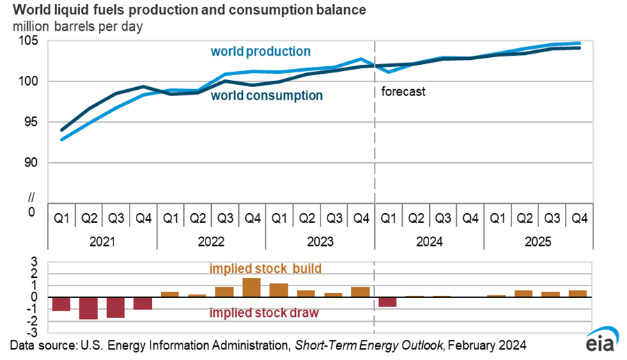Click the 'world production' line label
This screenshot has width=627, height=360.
(x=261, y=52)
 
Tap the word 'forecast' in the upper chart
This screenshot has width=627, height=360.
(x=403, y=91)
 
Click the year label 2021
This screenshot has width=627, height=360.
(x=102, y=242)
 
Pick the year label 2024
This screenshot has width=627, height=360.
(x=429, y=242)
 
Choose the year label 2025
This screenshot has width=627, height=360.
(x=538, y=242)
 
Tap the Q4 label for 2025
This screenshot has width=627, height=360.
(x=578, y=218)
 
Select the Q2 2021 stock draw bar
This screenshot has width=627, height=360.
(x=88, y=308)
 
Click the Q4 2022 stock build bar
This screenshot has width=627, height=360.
(x=251, y=288)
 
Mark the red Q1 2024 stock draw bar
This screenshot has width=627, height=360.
(x=388, y=302)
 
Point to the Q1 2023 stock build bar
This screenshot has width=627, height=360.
(x=279, y=290)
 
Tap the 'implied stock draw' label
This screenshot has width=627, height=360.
(x=264, y=313)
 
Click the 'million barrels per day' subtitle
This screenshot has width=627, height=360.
(x=75, y=26)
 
